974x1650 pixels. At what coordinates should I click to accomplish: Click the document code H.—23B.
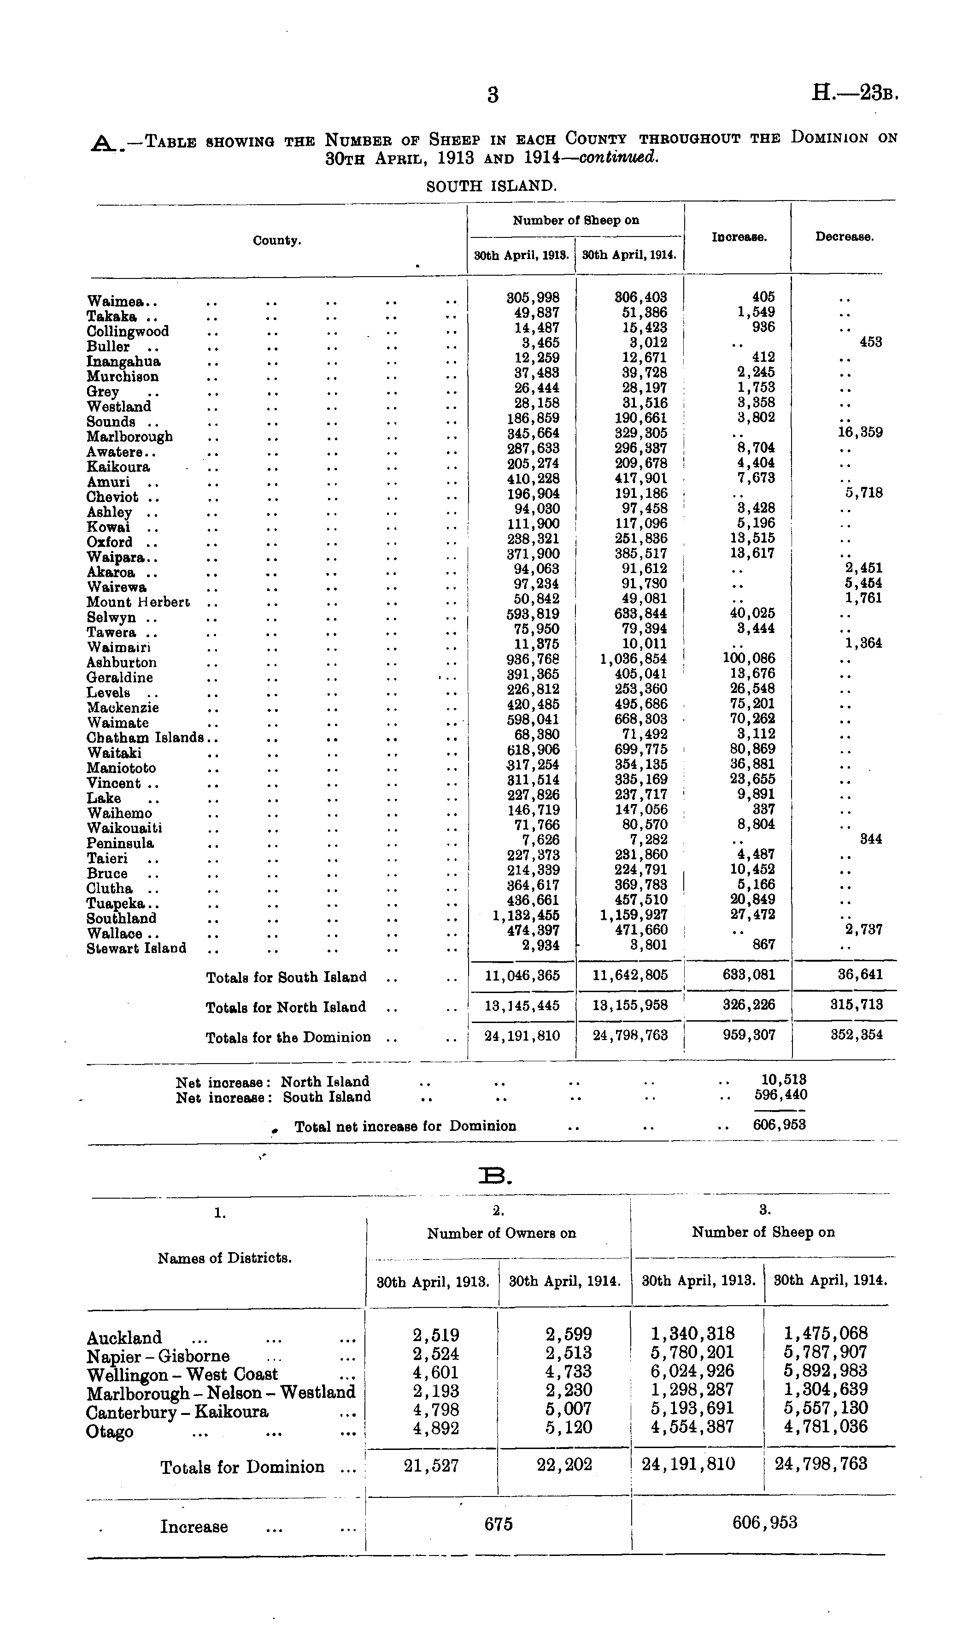(854, 93)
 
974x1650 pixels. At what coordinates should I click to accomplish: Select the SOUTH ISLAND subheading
(492, 186)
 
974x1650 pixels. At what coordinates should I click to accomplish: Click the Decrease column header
(844, 237)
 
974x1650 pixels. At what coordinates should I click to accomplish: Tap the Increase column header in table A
(739, 237)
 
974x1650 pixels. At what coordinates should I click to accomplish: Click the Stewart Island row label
(136, 949)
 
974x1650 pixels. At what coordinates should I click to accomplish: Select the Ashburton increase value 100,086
(748, 658)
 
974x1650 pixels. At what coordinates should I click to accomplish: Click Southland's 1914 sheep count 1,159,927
(634, 915)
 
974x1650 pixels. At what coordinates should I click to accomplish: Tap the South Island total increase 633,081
(748, 975)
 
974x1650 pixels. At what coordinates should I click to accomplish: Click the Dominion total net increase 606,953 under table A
(779, 1125)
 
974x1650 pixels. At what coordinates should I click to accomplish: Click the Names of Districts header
(224, 1258)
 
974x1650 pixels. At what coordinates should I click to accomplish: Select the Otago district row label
(110, 1432)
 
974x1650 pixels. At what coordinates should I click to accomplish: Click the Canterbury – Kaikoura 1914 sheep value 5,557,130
(826, 1409)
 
